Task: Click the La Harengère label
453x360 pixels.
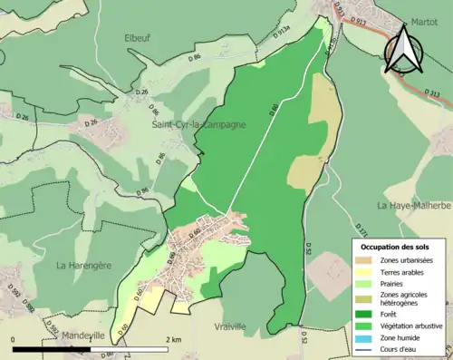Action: click(x=84, y=266)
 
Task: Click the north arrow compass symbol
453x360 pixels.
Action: click(x=406, y=50)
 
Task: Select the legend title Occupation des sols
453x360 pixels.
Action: click(x=396, y=247)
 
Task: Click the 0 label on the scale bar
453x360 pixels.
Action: click(x=14, y=339)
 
